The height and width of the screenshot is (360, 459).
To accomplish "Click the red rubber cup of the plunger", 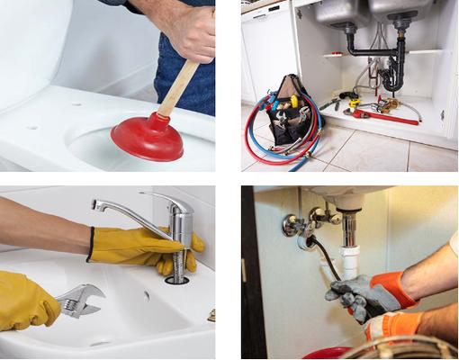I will click(x=147, y=138).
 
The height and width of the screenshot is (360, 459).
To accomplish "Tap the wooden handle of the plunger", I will click(x=180, y=86).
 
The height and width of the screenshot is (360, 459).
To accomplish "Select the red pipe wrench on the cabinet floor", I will click(x=383, y=116).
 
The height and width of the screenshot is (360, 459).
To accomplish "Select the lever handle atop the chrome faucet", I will click(x=166, y=200).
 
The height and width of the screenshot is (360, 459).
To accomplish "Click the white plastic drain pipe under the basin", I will click(x=348, y=247).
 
